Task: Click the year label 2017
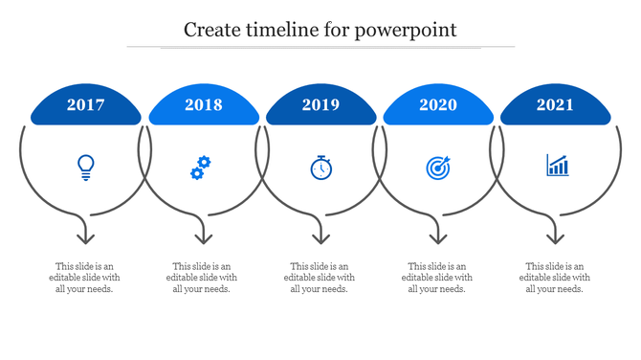86,105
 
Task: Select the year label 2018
204,105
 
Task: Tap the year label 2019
320,105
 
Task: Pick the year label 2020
438,105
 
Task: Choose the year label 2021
555,105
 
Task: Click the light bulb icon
86,168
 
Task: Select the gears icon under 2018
200,168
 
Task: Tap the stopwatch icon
321,168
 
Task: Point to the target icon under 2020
437,168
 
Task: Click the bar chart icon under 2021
557,166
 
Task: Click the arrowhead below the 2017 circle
86,236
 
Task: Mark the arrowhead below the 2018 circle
203,236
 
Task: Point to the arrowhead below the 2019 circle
320,236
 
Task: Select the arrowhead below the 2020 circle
438,236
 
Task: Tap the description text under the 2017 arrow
86,278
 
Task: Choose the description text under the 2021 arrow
556,278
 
